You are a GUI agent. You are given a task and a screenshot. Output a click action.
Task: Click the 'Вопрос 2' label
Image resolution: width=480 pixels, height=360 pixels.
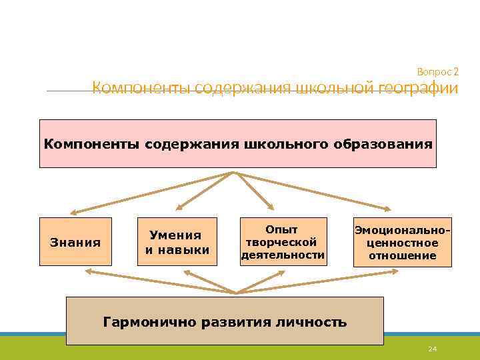tap(437, 71)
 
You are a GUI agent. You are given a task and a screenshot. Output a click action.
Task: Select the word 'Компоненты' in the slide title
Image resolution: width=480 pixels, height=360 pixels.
tap(133, 89)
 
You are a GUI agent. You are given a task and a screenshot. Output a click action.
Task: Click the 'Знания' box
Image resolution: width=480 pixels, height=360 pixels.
tap(75, 242)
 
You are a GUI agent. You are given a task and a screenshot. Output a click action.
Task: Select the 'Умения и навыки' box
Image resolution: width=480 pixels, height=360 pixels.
tap(177, 242)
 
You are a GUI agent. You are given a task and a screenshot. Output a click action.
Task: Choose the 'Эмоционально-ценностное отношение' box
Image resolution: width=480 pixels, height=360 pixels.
tap(401, 242)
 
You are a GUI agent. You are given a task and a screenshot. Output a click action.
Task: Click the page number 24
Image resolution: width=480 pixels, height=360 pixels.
tap(432, 349)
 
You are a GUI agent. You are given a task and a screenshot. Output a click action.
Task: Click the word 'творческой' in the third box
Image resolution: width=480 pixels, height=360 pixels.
tap(281, 242)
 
